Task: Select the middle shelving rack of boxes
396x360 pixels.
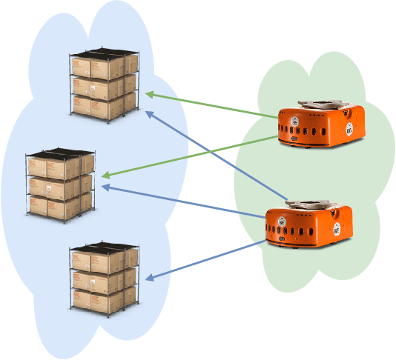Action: point(61,186)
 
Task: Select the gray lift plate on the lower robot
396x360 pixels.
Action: point(309,204)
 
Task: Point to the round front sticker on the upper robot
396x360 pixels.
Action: point(294,123)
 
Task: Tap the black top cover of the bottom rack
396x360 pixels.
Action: point(104,247)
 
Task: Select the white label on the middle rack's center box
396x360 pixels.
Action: point(50,189)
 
